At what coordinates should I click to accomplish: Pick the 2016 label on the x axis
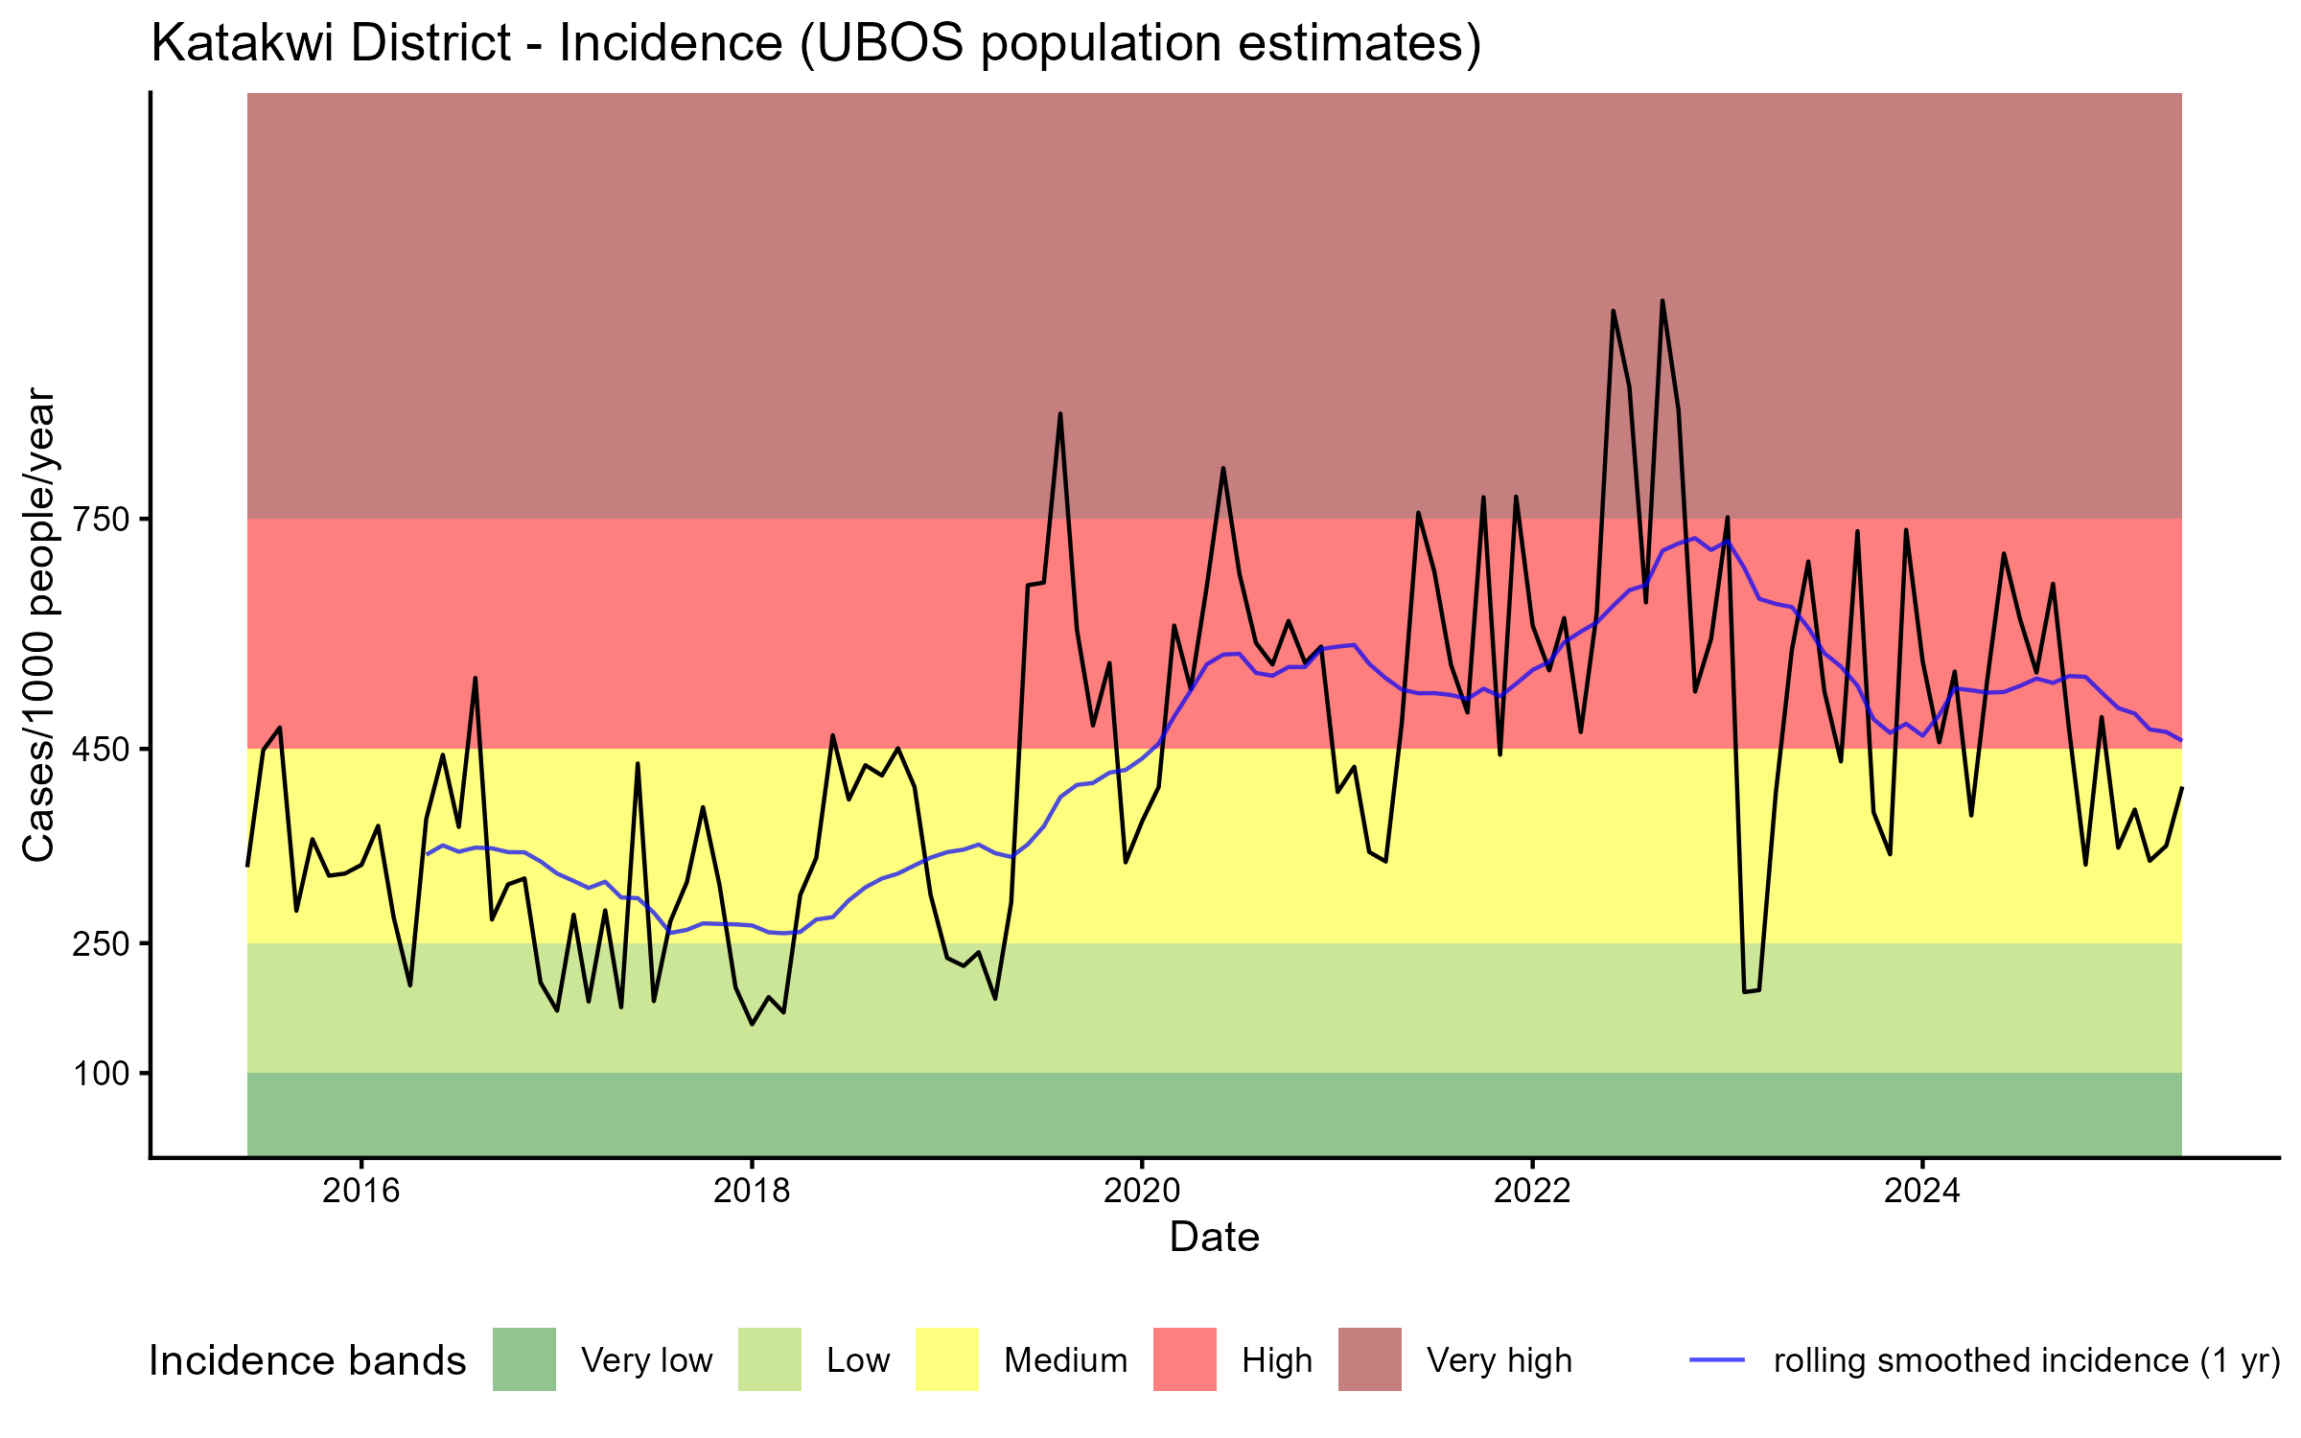(360, 1191)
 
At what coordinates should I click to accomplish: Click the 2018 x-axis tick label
(752, 1191)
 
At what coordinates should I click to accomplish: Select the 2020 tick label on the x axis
(1142, 1191)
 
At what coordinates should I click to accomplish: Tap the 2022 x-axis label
(1532, 1191)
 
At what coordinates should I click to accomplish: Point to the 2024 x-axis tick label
(1922, 1191)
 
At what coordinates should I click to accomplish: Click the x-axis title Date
(1214, 1238)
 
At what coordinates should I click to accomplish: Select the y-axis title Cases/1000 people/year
(39, 624)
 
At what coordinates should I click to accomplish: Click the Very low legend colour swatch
(523, 1359)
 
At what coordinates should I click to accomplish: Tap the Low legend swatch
(769, 1359)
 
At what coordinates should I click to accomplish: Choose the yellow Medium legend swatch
(947, 1359)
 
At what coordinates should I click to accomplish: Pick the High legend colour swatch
(1184, 1359)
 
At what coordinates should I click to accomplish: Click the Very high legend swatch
(1369, 1359)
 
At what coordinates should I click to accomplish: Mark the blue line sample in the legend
(1716, 1359)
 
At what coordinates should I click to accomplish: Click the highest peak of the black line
(1662, 301)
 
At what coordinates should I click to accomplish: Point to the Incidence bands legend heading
(307, 1361)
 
